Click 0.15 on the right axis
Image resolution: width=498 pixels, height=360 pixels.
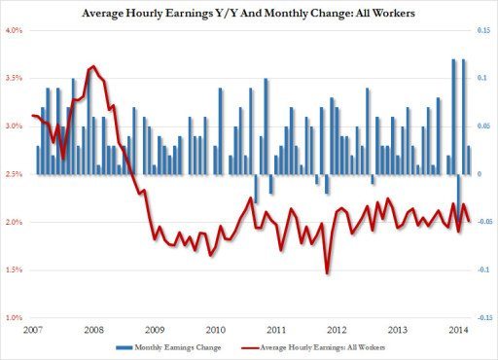pos(481,30)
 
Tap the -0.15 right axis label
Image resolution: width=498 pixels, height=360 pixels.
pos(480,318)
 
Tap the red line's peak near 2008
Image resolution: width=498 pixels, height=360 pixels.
pos(92,66)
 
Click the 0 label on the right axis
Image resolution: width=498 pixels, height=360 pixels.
pos(477,174)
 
